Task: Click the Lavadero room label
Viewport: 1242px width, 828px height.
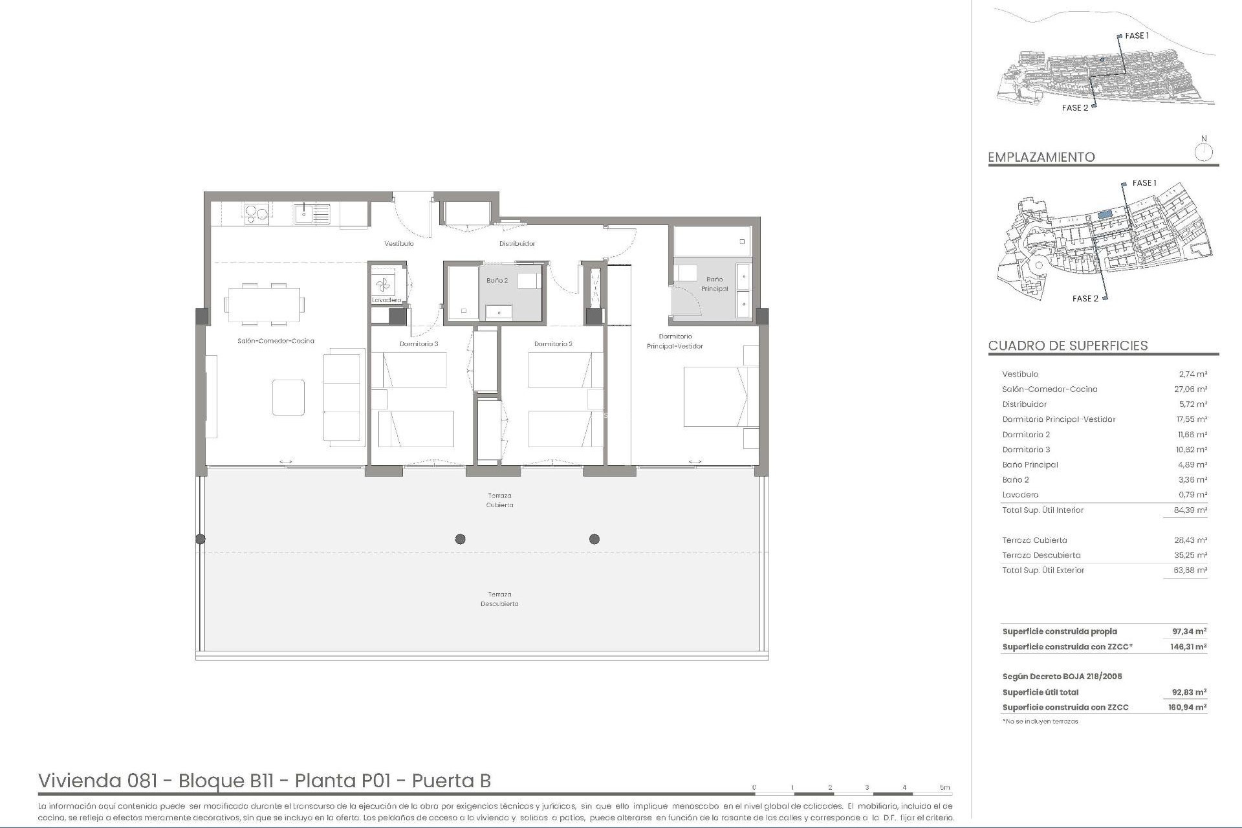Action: point(386,300)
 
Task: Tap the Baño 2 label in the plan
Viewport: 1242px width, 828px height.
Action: point(497,281)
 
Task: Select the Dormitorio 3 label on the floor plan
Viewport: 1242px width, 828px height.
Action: point(419,344)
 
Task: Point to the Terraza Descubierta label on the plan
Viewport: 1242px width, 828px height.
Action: point(499,599)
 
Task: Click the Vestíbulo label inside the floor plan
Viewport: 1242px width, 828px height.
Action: point(398,244)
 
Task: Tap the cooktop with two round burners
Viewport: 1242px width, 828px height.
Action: point(256,213)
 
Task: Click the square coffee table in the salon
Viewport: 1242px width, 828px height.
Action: point(288,397)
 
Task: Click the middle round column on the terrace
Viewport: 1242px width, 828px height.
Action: point(460,539)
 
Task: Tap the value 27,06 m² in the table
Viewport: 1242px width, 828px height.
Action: point(1192,389)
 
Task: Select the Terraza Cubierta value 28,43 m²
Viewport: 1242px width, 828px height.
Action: point(1192,540)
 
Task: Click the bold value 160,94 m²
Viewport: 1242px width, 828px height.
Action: point(1189,708)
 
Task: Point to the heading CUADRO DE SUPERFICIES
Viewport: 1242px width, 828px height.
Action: point(1067,345)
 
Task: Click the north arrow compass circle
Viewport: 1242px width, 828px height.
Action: point(1203,153)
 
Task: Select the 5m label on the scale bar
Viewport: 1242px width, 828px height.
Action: point(944,787)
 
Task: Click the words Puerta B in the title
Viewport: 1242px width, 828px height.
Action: point(451,781)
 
